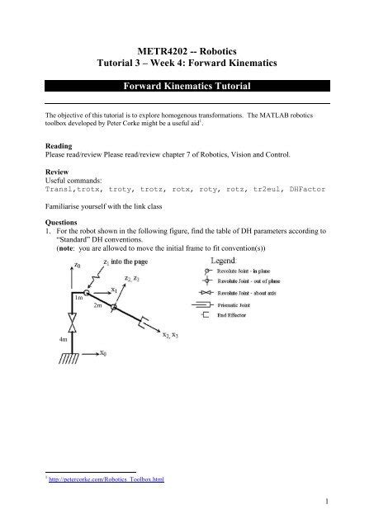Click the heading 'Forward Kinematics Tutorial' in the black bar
(187, 85)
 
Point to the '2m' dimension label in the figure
(97, 305)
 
